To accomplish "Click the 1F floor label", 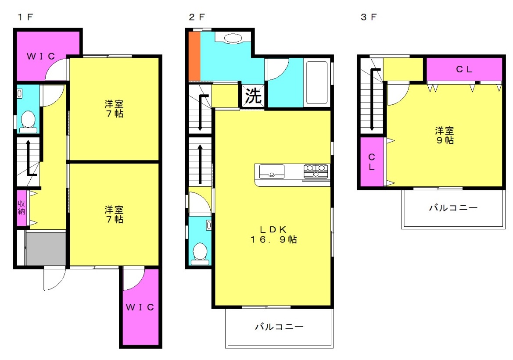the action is [25, 17].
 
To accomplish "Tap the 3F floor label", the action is [368, 17].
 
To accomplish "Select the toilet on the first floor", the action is [28, 122].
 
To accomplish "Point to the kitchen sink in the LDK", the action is [272, 171].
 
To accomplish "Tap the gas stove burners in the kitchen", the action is [316, 171].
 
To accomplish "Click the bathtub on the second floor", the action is [316, 82].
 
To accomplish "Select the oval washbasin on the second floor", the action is [233, 38].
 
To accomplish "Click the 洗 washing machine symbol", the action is [253, 96].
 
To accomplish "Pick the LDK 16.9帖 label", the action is [273, 235].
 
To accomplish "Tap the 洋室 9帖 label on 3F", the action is [445, 135].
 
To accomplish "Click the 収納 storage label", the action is [21, 208].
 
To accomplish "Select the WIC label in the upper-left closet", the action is [40, 56].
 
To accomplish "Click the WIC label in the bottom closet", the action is [140, 307].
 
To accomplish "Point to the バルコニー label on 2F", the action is [279, 326].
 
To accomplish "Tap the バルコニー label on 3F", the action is [453, 208].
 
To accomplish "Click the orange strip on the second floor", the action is [194, 56].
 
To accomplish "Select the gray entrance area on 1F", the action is [46, 249].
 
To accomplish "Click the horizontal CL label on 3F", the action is [464, 69].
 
